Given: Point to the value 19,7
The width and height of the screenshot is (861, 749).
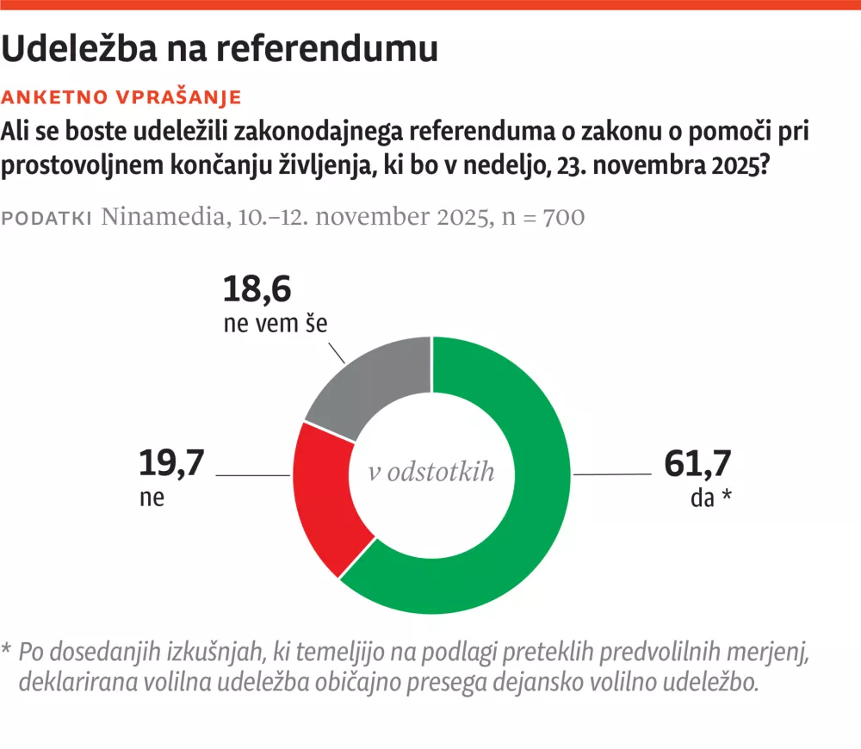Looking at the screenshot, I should point(171,464).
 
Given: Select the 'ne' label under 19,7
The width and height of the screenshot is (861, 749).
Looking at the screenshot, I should point(151,498).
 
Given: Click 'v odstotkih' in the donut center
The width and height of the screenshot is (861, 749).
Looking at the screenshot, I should point(431,473).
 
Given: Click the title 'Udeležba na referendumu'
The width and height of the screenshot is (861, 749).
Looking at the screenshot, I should point(220,49).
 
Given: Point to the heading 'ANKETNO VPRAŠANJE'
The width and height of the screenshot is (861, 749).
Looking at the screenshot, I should point(121,96).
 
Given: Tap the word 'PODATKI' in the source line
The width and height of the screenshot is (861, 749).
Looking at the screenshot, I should point(47,219).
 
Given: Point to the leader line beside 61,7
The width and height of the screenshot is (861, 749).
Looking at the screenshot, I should point(612,474).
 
